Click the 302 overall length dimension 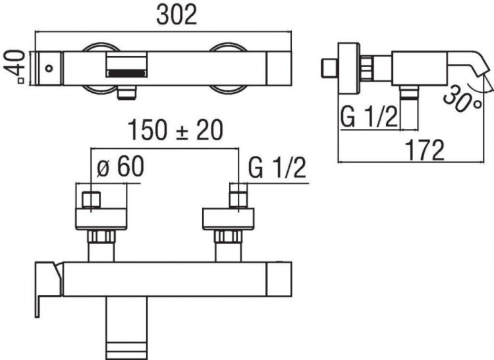[x=176, y=15]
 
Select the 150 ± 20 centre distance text [x=176, y=131]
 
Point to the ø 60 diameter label [x=120, y=168]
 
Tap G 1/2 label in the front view [x=278, y=168]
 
